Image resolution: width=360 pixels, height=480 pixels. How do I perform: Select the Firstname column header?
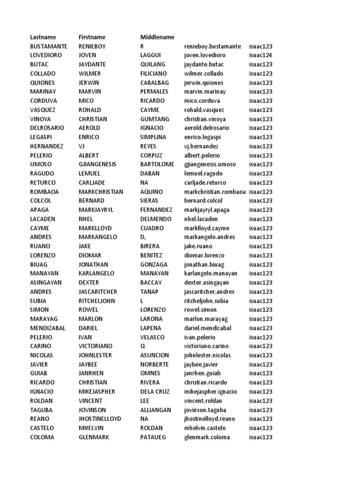coord(92,37)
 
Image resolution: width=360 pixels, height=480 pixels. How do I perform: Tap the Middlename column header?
coord(157,37)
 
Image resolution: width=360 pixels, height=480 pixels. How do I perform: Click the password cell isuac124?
coord(261,55)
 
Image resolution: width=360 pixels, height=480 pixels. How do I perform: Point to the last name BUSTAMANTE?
coord(49,46)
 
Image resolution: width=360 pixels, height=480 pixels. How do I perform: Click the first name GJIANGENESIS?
coord(97,165)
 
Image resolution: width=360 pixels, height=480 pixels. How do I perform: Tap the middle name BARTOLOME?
coord(157,165)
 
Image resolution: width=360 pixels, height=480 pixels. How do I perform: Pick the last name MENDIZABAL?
coord(48,328)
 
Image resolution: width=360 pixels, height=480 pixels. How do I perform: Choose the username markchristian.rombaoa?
coord(215,192)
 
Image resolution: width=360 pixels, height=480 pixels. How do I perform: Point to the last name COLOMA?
coord(42,437)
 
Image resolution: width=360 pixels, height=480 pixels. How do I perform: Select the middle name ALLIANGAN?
coord(156,410)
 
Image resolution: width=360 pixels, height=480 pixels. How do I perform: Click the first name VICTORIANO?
coord(96,346)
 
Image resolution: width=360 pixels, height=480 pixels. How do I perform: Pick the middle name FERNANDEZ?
coord(156,210)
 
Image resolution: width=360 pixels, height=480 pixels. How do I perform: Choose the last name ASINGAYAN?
coord(46,283)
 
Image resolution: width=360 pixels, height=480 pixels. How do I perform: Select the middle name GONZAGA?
coord(153,264)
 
